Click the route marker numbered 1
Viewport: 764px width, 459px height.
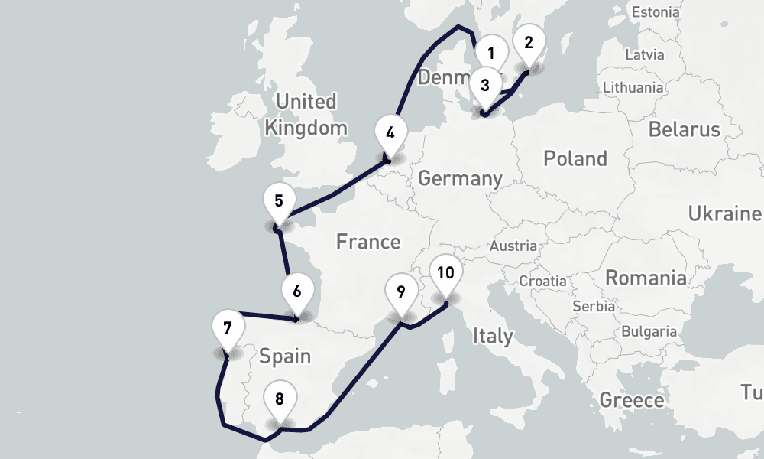[491, 53]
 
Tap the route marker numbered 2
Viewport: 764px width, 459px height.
[529, 42]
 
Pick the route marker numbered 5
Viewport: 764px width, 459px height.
[279, 201]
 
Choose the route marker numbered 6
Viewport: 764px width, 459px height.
[297, 291]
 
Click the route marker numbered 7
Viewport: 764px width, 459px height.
[228, 328]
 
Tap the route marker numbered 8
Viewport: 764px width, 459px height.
[280, 399]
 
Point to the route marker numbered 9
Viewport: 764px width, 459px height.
[401, 291]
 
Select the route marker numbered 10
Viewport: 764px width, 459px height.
[446, 272]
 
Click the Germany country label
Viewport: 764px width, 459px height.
[460, 179]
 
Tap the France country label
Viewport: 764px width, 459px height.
[368, 242]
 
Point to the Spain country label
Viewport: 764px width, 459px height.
[285, 356]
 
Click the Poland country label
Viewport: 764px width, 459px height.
[575, 158]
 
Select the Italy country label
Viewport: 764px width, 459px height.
[493, 335]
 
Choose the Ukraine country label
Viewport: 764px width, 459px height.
[725, 213]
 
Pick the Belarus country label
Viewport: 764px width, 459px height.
[685, 129]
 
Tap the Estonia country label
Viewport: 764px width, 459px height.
[656, 11]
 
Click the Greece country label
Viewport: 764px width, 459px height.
[632, 400]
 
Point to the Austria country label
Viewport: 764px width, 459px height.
[513, 246]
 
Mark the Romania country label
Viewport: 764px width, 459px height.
[646, 277]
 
